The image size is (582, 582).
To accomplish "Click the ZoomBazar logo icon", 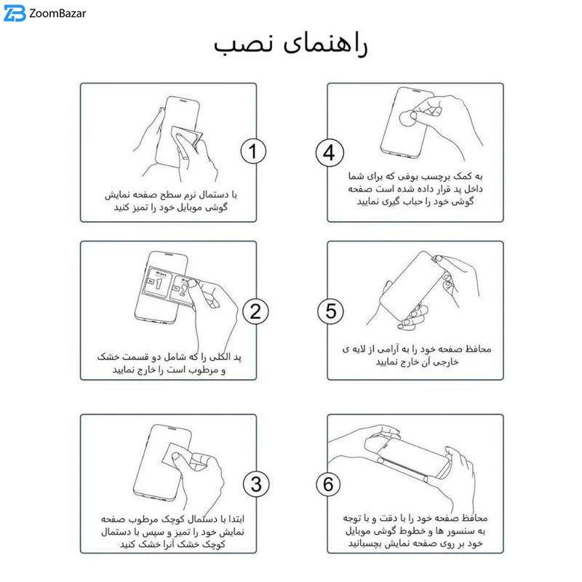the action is (15, 13).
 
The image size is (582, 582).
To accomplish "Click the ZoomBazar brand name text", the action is (57, 14).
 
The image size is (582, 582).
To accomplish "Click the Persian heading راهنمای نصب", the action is (290, 45).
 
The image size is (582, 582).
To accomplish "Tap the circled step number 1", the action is (253, 151).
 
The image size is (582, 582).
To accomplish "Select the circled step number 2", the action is (255, 311).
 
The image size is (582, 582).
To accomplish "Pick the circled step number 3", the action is (256, 485).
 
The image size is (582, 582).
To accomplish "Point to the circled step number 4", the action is (330, 153).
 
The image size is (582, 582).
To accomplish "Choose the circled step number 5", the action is (330, 311).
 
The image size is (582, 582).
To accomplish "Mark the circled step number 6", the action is (328, 484).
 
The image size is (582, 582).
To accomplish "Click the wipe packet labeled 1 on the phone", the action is (158, 282).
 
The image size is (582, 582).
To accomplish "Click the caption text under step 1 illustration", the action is (171, 201).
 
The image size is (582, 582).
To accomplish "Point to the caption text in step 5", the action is (416, 355).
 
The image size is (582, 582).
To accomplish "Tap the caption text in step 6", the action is (415, 531).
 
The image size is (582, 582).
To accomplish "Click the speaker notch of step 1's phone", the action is (183, 100).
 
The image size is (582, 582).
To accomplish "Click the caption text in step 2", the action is (170, 363).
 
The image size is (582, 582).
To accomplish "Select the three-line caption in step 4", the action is (415, 188).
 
